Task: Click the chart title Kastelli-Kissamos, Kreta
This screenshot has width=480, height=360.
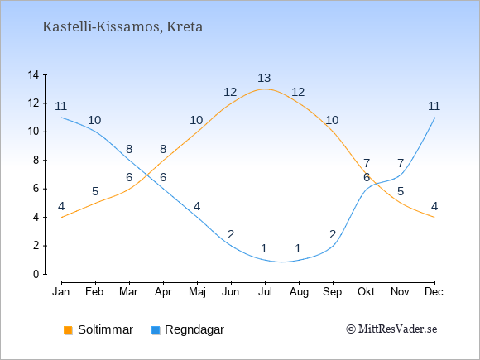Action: point(122,27)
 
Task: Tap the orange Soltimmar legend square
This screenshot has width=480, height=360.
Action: point(68,330)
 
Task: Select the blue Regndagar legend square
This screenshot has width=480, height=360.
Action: point(156,330)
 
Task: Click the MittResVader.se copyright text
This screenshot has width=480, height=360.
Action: point(391,329)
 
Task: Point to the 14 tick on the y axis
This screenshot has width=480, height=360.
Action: point(33,74)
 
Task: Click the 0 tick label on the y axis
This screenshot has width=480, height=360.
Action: point(36,274)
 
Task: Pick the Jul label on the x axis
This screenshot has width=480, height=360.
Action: point(265,292)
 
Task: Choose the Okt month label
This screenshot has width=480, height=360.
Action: point(366,292)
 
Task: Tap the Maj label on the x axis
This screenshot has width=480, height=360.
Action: point(197,292)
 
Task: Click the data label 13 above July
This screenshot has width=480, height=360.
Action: point(264,79)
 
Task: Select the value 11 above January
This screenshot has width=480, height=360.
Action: point(61,107)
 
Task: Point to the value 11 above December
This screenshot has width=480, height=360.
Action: point(434,107)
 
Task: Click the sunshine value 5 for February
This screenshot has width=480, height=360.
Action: point(95,192)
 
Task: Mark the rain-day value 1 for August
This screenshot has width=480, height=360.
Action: point(298,248)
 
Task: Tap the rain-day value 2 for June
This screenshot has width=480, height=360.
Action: point(231,234)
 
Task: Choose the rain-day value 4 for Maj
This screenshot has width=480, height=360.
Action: point(197,207)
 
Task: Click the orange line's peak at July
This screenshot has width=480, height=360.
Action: point(265,89)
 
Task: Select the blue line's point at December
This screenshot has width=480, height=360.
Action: point(434,118)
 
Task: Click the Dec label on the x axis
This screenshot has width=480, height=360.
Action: point(434,292)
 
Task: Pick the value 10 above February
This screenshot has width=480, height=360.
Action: point(94,121)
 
